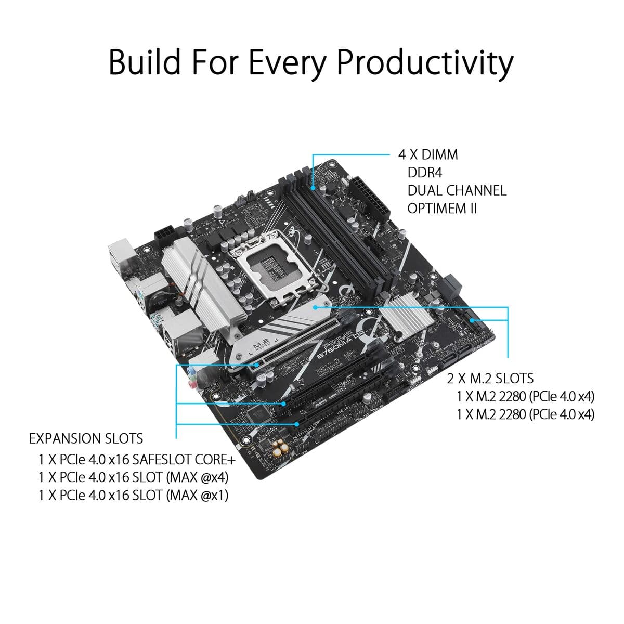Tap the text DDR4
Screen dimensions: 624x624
(424, 173)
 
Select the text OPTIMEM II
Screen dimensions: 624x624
(442, 208)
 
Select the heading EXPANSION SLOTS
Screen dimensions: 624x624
(86, 438)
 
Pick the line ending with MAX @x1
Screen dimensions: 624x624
(133, 495)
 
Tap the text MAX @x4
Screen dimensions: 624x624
(198, 477)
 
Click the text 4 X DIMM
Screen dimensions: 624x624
(428, 154)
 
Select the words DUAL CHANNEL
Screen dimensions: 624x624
(457, 190)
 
